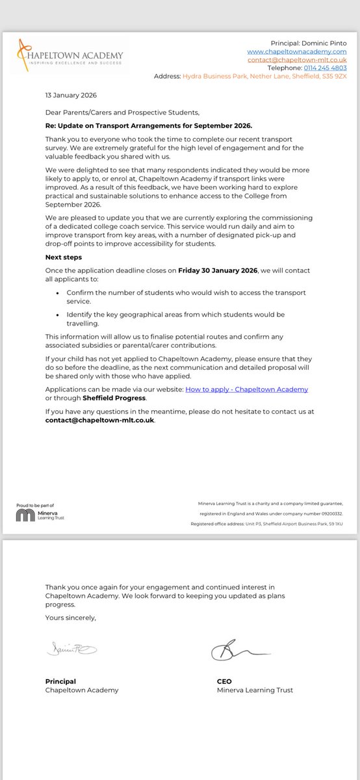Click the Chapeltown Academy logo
click(x=69, y=54)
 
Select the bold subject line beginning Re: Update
click(x=148, y=125)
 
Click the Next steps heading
click(x=63, y=257)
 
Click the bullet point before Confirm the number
click(x=58, y=292)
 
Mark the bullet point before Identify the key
click(x=58, y=315)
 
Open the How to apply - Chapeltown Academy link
click(x=246, y=389)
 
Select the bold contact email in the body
click(x=100, y=420)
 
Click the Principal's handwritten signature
click(x=71, y=648)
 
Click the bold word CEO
click(x=224, y=681)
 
